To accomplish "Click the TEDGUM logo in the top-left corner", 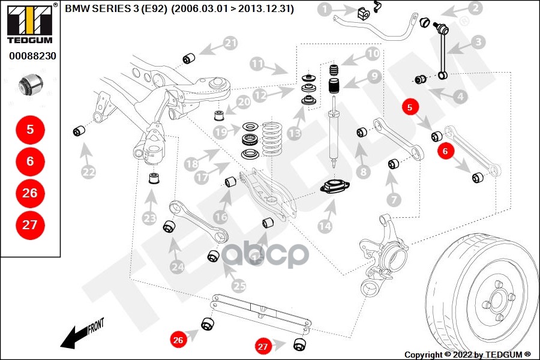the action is coord(30,24).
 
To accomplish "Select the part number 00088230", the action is coord(33,56).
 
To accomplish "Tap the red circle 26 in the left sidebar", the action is coord(31,193).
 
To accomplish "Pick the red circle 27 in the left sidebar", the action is coord(31,225).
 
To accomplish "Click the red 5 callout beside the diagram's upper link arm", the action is coord(410,107).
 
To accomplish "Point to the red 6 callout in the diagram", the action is coord(445,151).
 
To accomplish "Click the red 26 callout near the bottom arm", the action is coord(178,340).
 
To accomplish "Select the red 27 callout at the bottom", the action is coord(263,347).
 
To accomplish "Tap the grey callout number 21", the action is coord(230,43).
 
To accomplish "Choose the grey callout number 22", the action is coord(89,172).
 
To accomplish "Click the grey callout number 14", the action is coord(325,226).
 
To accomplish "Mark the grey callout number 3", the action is coord(478,43).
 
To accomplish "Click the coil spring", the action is coord(272,139).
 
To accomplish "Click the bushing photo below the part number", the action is coord(31,84).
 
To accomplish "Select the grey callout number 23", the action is coord(149,218).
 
